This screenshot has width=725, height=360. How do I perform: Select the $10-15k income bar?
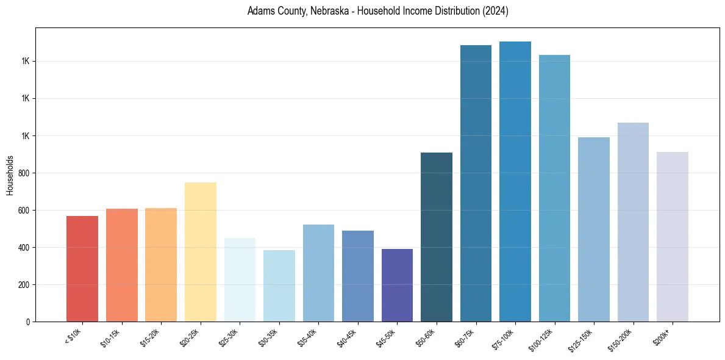click(122, 265)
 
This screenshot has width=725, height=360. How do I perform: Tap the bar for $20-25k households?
click(201, 251)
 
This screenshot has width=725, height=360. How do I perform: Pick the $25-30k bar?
click(240, 279)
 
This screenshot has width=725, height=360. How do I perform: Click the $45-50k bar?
click(397, 285)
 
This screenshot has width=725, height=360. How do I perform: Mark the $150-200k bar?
click(633, 222)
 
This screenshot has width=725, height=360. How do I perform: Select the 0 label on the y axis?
click(28, 322)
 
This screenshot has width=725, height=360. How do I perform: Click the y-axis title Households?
click(10, 175)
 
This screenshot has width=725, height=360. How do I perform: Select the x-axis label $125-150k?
click(582, 338)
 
